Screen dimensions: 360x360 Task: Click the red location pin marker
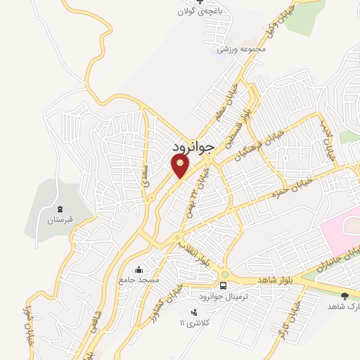point(180,166)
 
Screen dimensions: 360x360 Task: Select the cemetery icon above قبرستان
point(60,209)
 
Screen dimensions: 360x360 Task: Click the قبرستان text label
point(60,220)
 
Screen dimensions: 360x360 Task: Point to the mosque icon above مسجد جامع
point(139,269)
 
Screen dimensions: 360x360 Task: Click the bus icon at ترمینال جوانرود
point(223,286)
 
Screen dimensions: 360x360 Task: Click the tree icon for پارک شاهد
point(344,296)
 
